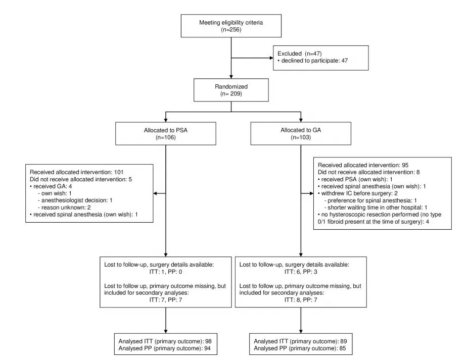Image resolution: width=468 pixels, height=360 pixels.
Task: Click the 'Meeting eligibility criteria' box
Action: tap(231, 26)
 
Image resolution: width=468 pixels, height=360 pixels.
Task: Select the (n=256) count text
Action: tap(231, 29)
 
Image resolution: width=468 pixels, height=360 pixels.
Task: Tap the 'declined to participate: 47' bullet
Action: tap(313, 61)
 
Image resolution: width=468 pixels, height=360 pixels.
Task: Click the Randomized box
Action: tap(231, 90)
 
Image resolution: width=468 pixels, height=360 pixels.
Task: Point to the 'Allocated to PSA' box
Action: tap(166, 134)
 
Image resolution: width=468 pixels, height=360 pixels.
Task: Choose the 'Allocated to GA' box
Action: tap(301, 133)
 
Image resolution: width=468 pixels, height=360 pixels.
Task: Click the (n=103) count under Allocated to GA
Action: tap(301, 137)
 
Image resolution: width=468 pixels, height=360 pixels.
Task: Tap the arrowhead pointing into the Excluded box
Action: tap(271, 58)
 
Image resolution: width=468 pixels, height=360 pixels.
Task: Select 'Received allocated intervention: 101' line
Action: tap(77, 172)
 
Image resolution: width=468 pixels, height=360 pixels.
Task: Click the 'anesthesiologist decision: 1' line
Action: tap(75, 200)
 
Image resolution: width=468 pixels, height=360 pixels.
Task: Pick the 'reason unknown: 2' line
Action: tap(64, 208)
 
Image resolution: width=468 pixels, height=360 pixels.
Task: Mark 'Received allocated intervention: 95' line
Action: tap(363, 165)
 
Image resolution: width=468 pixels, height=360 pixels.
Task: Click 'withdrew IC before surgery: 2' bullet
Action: tap(358, 193)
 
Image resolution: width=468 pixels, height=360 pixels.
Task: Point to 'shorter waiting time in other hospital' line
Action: tap(376, 208)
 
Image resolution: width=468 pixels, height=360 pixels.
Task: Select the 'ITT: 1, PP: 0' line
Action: tap(166, 272)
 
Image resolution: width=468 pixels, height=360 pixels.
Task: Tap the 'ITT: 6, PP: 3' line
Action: tap(301, 272)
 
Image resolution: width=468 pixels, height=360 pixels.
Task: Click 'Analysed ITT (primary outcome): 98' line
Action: tap(165, 341)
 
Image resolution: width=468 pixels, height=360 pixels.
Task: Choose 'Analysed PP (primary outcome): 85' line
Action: tap(300, 348)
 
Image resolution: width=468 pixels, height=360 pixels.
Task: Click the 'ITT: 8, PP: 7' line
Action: tap(301, 300)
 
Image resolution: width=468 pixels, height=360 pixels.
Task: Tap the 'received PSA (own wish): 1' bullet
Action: tap(355, 179)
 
